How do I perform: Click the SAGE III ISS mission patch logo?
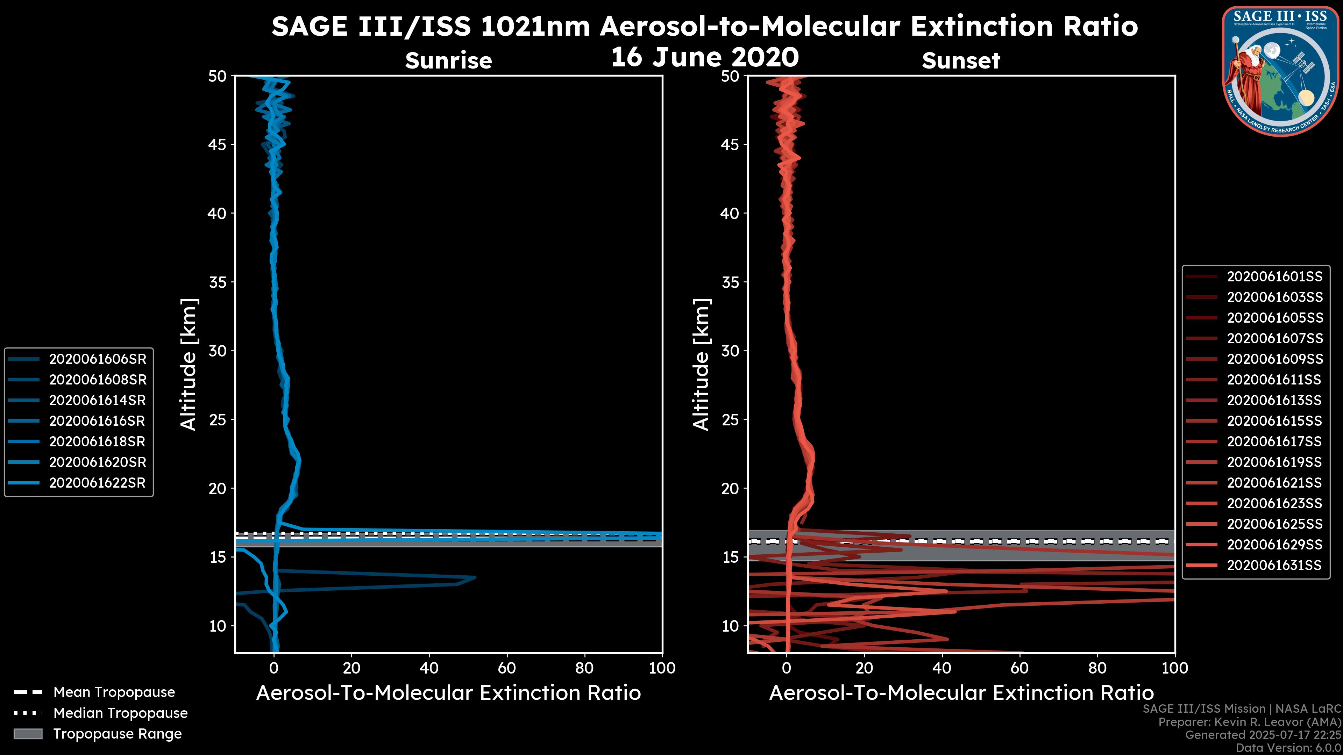point(1280,71)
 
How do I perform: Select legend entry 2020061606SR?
point(98,359)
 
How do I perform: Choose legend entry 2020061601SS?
point(1274,277)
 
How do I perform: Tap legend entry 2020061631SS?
point(1274,565)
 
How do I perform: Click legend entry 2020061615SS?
point(1274,421)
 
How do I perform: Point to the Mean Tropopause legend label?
point(114,692)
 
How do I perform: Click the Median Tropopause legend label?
point(120,713)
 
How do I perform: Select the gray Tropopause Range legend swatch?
point(28,734)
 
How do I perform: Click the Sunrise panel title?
point(448,61)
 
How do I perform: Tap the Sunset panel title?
point(961,61)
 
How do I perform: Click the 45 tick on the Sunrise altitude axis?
point(218,145)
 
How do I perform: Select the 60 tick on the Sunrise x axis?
point(507,668)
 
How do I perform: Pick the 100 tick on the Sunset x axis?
point(1175,668)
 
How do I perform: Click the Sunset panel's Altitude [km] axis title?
point(702,365)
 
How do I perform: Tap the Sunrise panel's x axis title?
point(448,693)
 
